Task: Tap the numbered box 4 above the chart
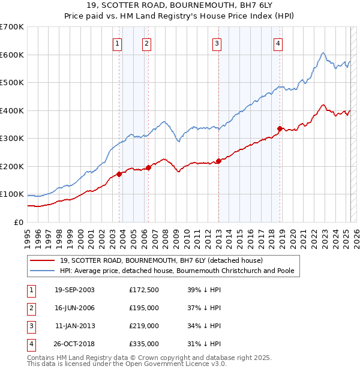pyautogui.click(x=278, y=43)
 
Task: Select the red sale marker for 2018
pyautogui.click(x=280, y=128)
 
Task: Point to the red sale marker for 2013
pyautogui.click(x=218, y=161)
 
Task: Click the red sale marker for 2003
pyautogui.click(x=119, y=174)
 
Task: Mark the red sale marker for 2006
pyautogui.click(x=148, y=167)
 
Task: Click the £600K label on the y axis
pyautogui.click(x=12, y=55)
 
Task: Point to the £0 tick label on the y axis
pyautogui.click(x=18, y=222)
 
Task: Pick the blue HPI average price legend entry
pyautogui.click(x=176, y=271)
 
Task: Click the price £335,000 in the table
pyautogui.click(x=144, y=344)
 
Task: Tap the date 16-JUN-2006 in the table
pyautogui.click(x=74, y=308)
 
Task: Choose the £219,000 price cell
pyautogui.click(x=144, y=326)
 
